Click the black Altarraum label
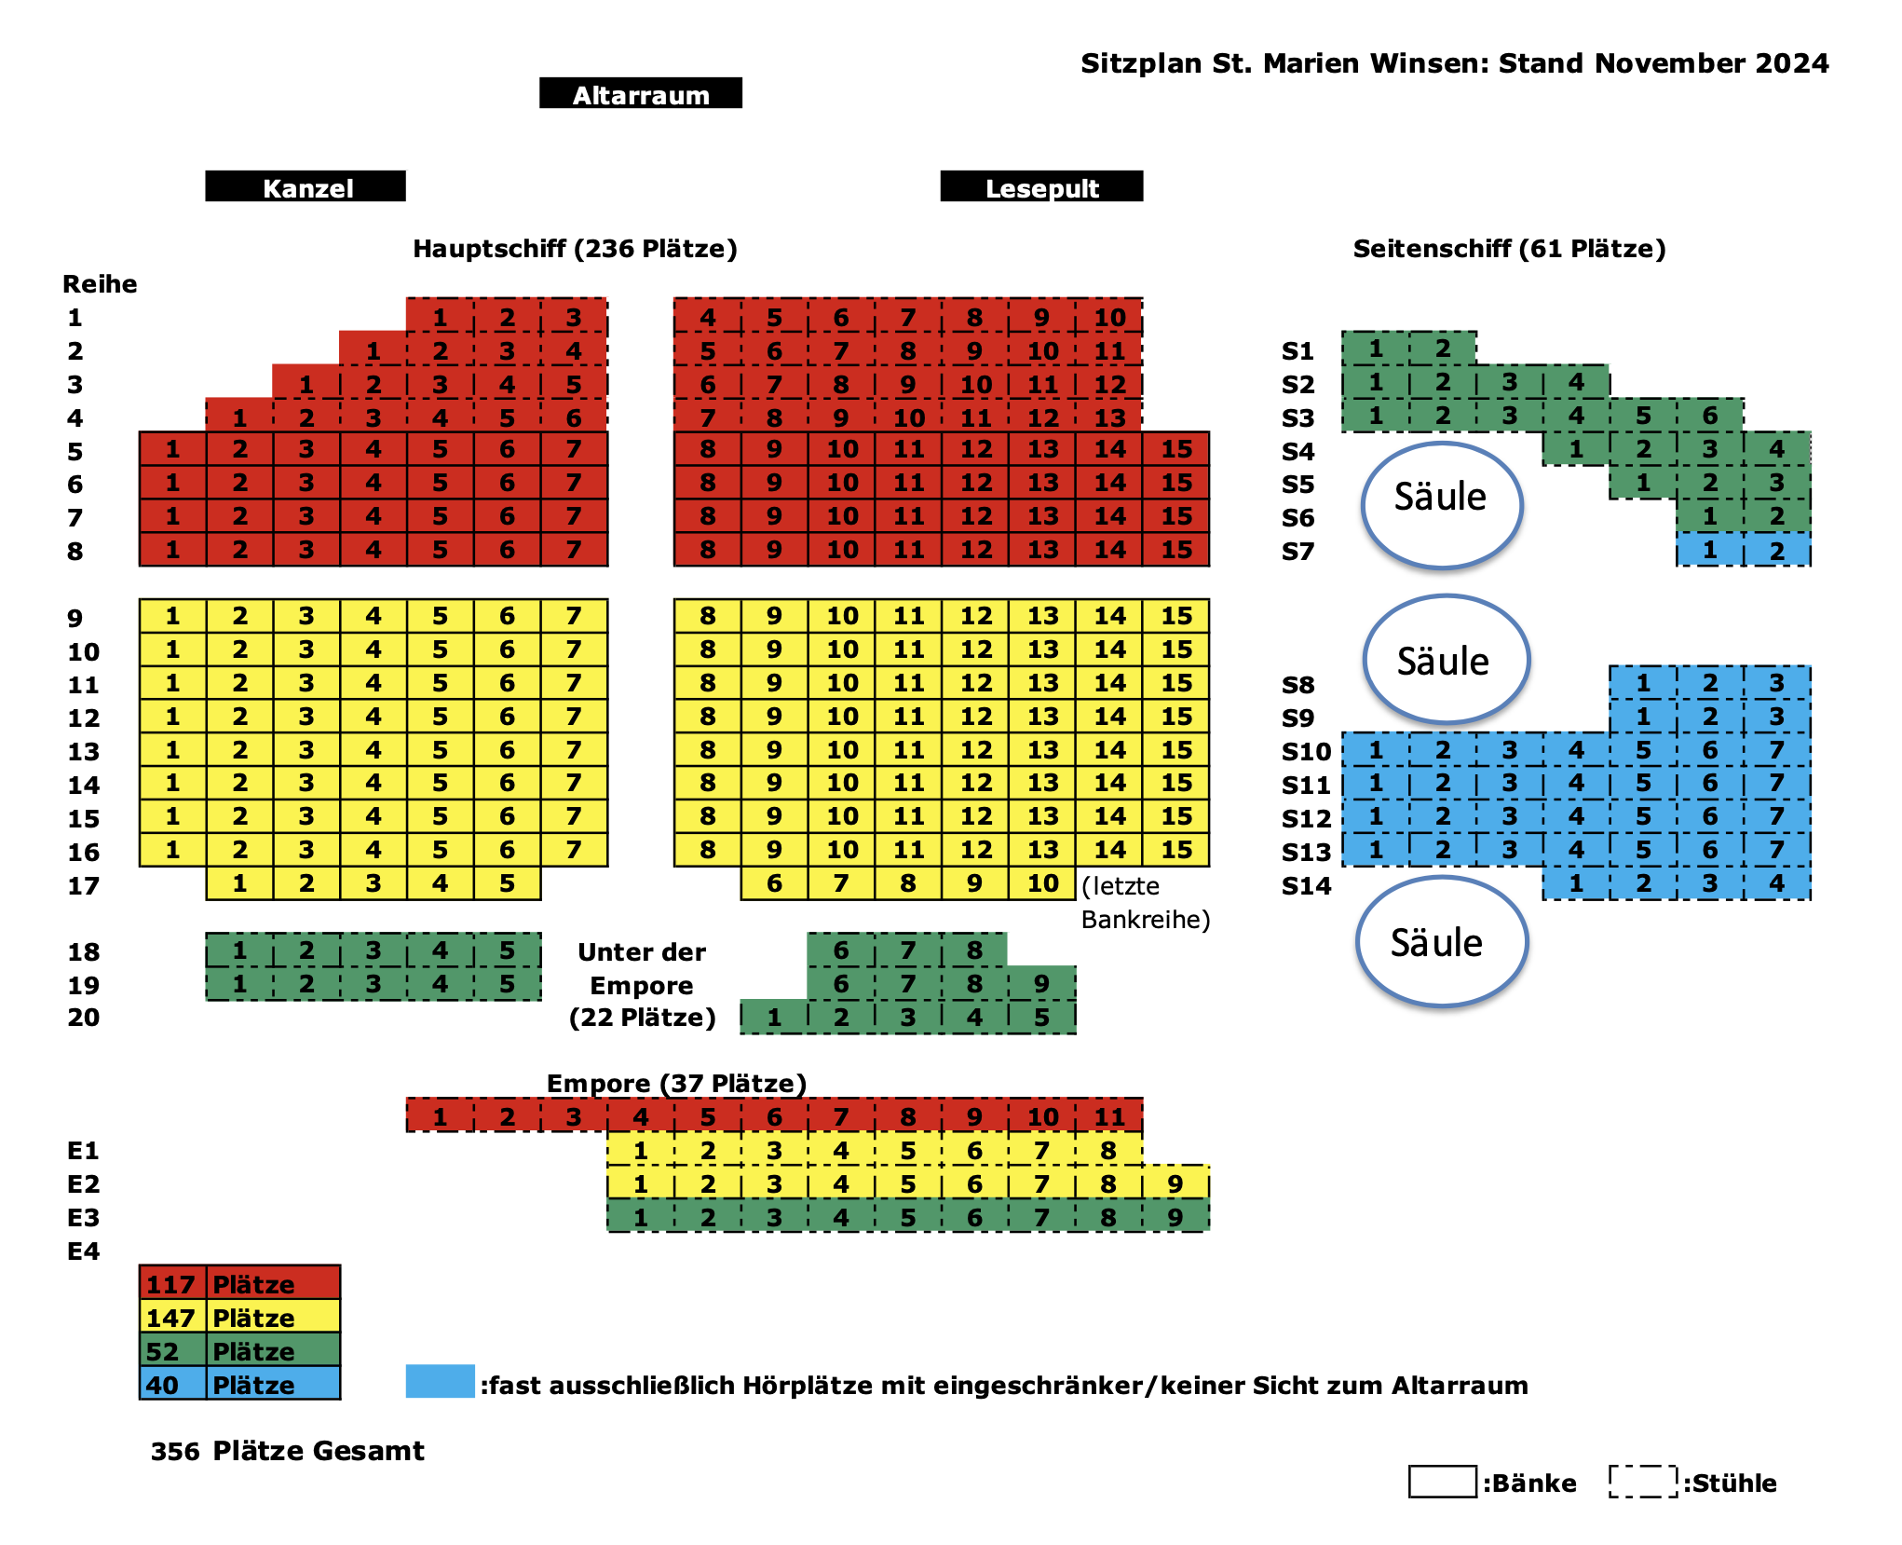pyautogui.click(x=641, y=93)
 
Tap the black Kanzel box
pyautogui.click(x=306, y=186)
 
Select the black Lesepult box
pyautogui.click(x=1041, y=186)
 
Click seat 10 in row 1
pyautogui.click(x=1109, y=317)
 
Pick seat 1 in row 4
pyautogui.click(x=239, y=417)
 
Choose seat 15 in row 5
pyautogui.click(x=1176, y=449)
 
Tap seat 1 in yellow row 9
pyautogui.click(x=172, y=616)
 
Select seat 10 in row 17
pyautogui.click(x=1042, y=883)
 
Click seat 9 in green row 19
pyautogui.click(x=1042, y=983)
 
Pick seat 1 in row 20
pyautogui.click(x=774, y=1017)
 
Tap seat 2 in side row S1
pyautogui.click(x=1443, y=349)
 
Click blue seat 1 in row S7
pyautogui.click(x=1709, y=550)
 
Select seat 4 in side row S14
pyautogui.click(x=1776, y=883)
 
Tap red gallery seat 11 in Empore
pyautogui.click(x=1109, y=1115)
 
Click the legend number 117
pyautogui.click(x=170, y=1284)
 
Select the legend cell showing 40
pyautogui.click(x=172, y=1383)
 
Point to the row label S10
pyautogui.click(x=1306, y=751)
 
